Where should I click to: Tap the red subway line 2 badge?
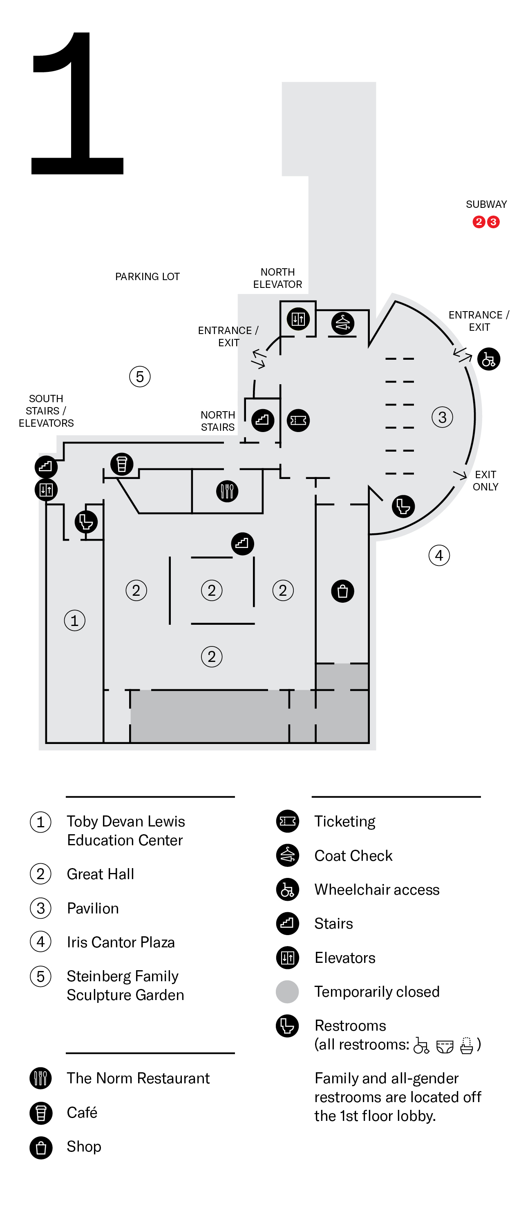(479, 222)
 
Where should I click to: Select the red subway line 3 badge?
(493, 222)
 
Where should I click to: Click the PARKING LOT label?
(148, 276)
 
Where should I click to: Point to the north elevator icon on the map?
(298, 318)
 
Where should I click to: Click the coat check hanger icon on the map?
(342, 323)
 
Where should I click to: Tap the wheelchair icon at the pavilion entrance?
(489, 359)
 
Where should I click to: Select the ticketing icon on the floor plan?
(298, 421)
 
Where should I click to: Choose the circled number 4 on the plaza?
(439, 555)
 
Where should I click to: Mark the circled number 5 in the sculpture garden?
(140, 376)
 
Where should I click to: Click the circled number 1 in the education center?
(75, 620)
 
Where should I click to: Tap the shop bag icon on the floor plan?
(342, 591)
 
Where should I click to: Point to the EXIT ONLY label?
(485, 480)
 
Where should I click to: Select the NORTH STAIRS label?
(218, 421)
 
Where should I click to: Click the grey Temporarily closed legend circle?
(287, 991)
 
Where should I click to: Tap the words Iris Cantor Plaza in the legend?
(121, 942)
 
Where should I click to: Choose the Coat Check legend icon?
(287, 855)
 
